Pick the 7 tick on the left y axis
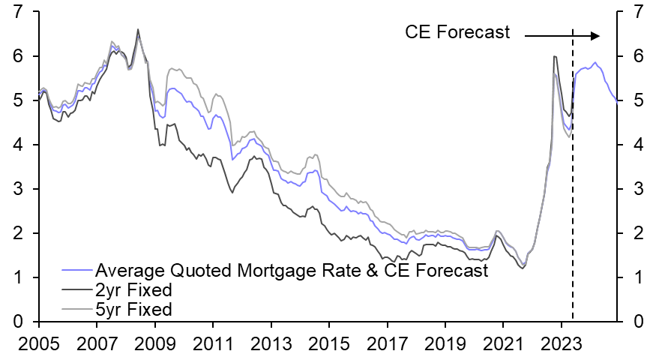coord(16,12)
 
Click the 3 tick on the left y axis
coord(16,189)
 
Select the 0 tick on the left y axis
coord(16,322)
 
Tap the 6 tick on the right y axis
coord(638,56)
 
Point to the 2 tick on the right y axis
coord(638,233)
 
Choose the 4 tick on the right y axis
coord(638,145)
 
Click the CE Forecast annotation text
coord(457,32)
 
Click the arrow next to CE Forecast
coord(562,35)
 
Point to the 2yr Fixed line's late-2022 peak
coord(554,56)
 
